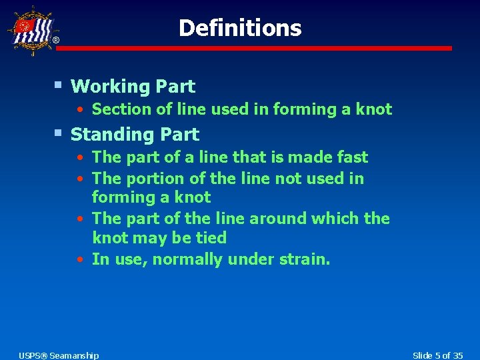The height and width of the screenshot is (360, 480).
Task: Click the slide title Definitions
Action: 240,28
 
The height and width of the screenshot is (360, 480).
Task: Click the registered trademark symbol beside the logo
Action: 56,41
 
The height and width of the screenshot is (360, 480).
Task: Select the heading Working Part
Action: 133,87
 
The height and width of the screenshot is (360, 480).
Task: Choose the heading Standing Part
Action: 135,135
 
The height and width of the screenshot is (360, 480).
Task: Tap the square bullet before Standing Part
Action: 59,133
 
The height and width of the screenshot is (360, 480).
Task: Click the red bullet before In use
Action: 79,259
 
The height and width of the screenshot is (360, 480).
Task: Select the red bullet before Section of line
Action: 79,109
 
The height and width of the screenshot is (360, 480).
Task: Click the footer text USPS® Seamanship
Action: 59,355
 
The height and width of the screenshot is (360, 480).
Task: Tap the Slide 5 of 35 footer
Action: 438,355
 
